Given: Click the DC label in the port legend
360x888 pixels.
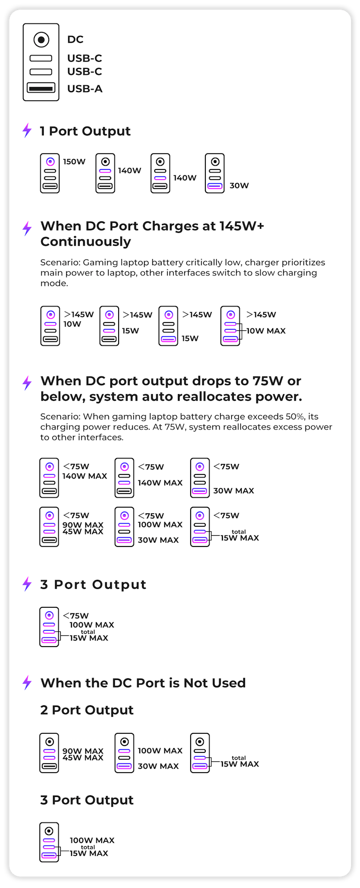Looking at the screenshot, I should (75, 40).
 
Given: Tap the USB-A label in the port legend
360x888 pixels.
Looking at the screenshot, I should (85, 89).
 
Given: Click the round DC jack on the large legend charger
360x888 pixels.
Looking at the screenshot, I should (41, 40).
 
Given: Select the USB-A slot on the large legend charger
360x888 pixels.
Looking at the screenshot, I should (41, 88).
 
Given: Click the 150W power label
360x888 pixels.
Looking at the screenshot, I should (74, 162).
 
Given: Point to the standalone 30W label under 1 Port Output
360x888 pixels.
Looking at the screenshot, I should (239, 185).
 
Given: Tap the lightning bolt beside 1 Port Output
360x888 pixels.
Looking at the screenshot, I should (27, 130).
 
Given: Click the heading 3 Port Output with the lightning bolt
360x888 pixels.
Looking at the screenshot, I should (93, 585).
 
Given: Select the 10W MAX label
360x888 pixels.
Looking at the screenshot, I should (266, 331).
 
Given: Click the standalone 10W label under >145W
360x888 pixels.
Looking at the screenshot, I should (73, 324).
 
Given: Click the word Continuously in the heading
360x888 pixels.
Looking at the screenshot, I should (86, 241).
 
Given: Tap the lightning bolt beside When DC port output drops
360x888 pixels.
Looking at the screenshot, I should (27, 382).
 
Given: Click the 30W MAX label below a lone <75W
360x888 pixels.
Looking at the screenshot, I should (233, 491).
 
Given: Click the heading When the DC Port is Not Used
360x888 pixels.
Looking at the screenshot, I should (143, 683).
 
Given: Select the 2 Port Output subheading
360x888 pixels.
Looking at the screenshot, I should (87, 710).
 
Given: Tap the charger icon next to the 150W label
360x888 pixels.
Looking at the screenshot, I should (50, 173).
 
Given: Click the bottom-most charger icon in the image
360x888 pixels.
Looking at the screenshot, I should (49, 842).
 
